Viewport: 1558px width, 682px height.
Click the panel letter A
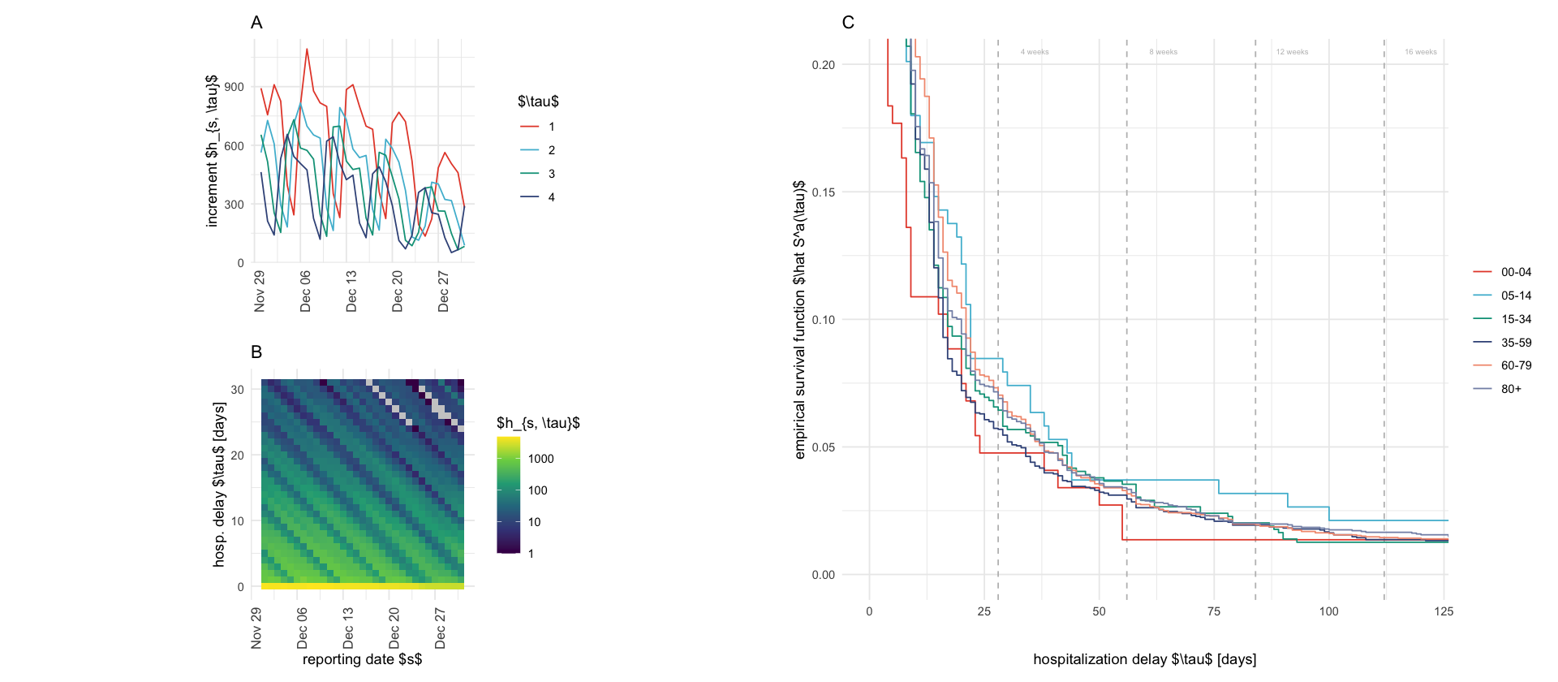pos(256,23)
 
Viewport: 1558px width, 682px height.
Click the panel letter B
pos(256,352)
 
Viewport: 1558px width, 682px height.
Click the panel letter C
pos(848,23)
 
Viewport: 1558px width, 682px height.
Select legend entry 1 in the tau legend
pos(551,127)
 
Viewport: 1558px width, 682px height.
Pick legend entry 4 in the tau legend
pos(551,197)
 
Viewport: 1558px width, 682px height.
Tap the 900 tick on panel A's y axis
pos(234,87)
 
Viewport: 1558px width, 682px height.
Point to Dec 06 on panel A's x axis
pos(305,291)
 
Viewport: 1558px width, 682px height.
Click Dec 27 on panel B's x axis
pos(440,628)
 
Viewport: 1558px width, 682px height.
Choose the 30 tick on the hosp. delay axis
pos(237,390)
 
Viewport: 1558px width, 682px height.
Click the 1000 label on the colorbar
pos(540,459)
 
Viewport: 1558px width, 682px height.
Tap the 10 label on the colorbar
pos(534,522)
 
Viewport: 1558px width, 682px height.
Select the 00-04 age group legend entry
pos(1516,272)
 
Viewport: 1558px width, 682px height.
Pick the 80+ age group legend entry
pos(1511,389)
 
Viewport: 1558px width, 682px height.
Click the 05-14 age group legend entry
pos(1516,296)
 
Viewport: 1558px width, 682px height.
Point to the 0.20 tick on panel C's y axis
pos(823,65)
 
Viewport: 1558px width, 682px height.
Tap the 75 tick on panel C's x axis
pos(1214,611)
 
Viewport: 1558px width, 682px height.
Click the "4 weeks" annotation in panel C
pos(1035,52)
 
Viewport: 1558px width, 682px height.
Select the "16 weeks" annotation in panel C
pos(1420,52)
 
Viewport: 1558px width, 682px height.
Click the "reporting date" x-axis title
pos(362,659)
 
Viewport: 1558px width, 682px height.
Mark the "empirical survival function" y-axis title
pos(800,320)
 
